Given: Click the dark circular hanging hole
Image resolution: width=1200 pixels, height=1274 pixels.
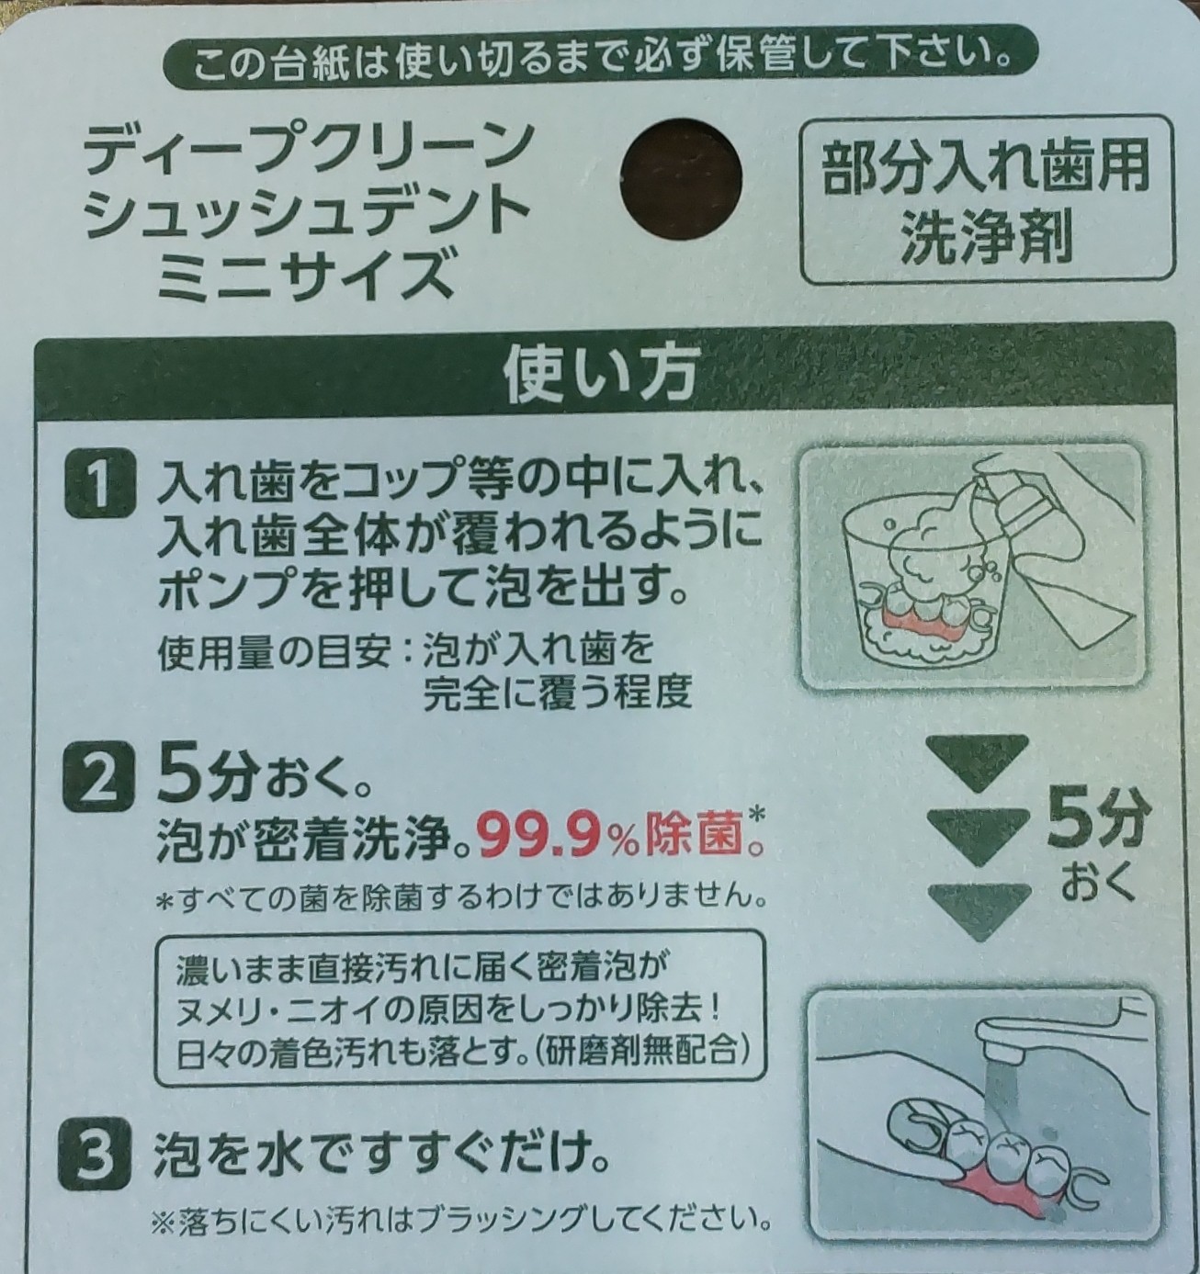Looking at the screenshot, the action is pos(681,177).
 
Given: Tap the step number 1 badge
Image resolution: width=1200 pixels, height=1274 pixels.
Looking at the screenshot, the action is pos(99,487).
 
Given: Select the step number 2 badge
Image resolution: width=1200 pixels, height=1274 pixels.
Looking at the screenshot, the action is pos(99,788).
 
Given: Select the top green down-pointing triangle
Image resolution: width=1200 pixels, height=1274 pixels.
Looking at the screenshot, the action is pos(978,762).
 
